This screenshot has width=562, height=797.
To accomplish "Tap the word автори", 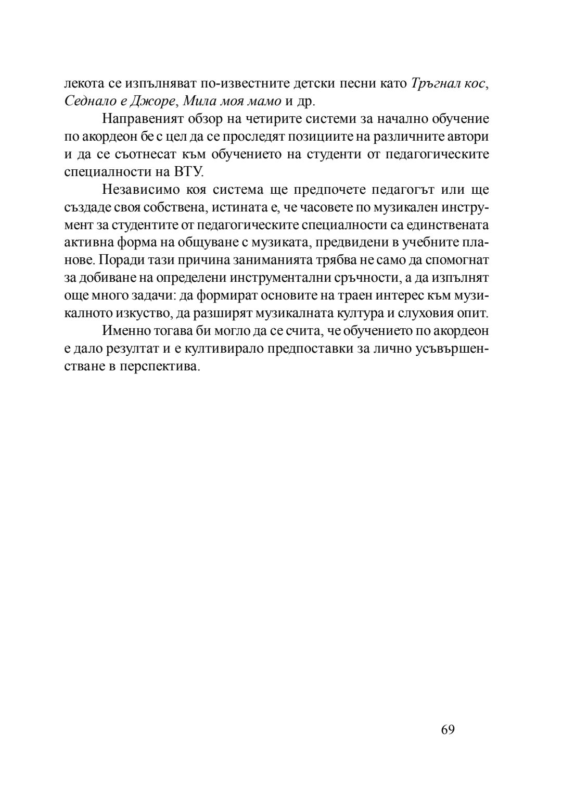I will coord(470,136).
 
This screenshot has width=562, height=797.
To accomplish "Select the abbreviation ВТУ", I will coord(187,172).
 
